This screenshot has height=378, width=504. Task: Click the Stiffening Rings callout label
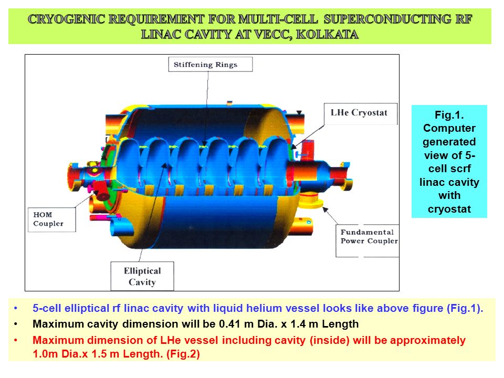pos(210,64)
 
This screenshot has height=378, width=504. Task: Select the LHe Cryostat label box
pos(360,113)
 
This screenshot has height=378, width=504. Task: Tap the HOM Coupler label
pos(52,219)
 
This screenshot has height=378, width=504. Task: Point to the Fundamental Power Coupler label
pos(367,240)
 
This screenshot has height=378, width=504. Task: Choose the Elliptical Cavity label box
pos(142,276)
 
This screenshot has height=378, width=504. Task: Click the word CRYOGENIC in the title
pos(66,19)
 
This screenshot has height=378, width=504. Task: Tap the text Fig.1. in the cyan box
pos(449,115)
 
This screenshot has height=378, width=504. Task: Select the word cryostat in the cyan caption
pos(449,209)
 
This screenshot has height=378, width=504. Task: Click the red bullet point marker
pos(16,340)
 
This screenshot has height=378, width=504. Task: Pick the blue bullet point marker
pos(16,309)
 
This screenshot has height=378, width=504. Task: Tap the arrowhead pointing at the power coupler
pos(325,209)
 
